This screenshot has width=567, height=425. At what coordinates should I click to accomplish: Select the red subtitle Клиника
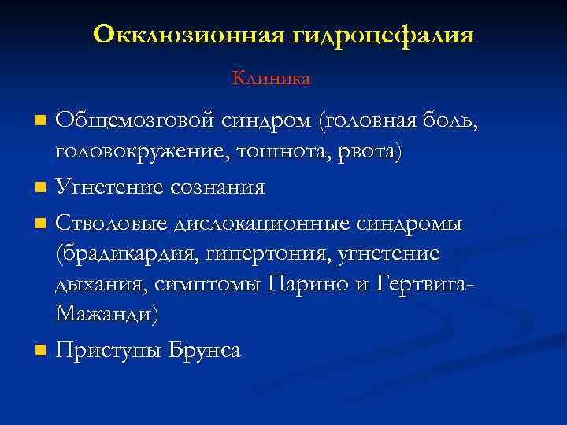(x=271, y=79)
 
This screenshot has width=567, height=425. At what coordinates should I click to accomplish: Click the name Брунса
(x=206, y=350)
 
